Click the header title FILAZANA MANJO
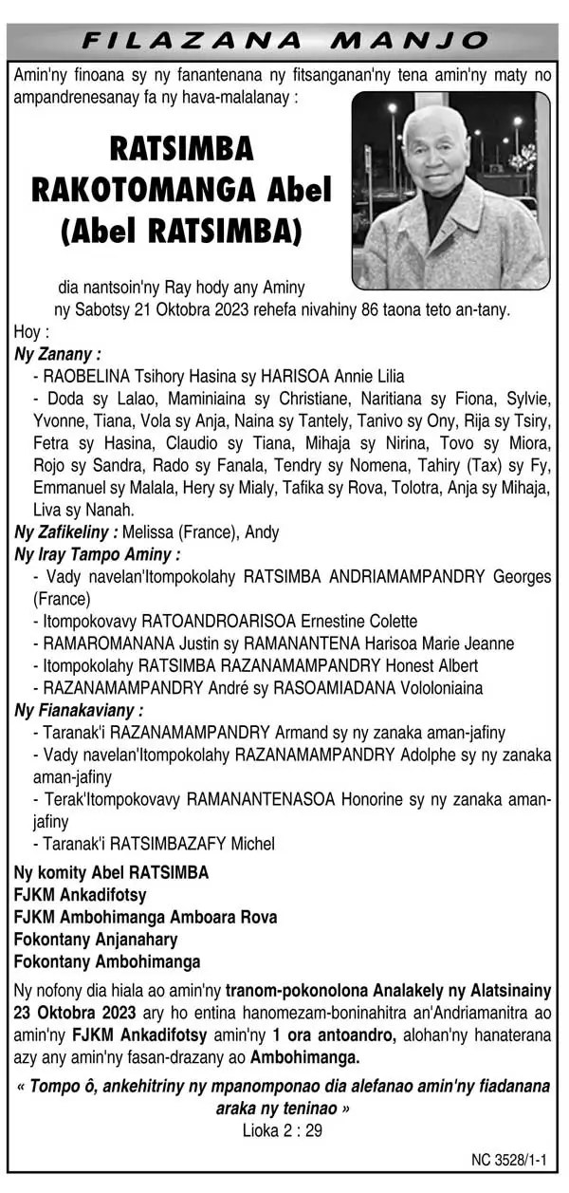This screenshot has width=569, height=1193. coord(284,41)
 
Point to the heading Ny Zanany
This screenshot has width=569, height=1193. coord(57,353)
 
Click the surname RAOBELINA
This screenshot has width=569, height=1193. coord(88,375)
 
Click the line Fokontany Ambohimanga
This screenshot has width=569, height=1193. coord(106,960)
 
